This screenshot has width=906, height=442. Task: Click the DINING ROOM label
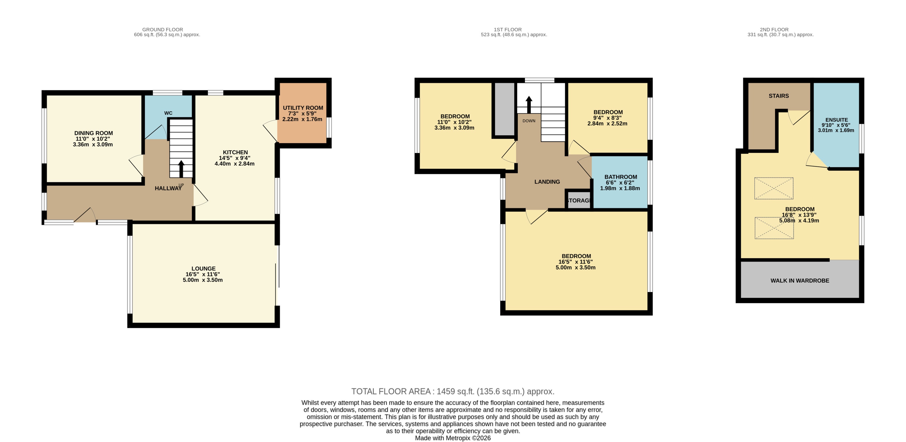coord(93,133)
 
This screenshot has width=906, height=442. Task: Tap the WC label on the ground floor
coord(168,113)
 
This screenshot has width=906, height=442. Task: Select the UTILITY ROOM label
coord(303,108)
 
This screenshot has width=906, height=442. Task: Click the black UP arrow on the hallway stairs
coord(181,168)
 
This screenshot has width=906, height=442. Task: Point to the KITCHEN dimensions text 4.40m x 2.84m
coord(235,164)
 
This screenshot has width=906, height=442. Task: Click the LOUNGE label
coord(203,269)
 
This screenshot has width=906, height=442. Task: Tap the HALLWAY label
coord(168,188)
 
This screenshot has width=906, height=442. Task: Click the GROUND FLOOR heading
coord(163,30)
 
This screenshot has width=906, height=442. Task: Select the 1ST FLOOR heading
coord(508,30)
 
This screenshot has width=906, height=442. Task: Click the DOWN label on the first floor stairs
coord(529,121)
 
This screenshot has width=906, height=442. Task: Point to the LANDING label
coord(547,182)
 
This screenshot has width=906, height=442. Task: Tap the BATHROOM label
coord(620,177)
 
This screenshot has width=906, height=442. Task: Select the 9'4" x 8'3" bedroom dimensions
coord(607,118)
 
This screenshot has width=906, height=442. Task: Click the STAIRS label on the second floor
coord(778,96)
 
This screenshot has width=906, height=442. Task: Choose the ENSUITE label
coord(836,120)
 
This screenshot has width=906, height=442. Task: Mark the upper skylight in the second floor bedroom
coord(773,188)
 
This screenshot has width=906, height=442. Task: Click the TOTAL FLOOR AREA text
coord(453,391)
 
